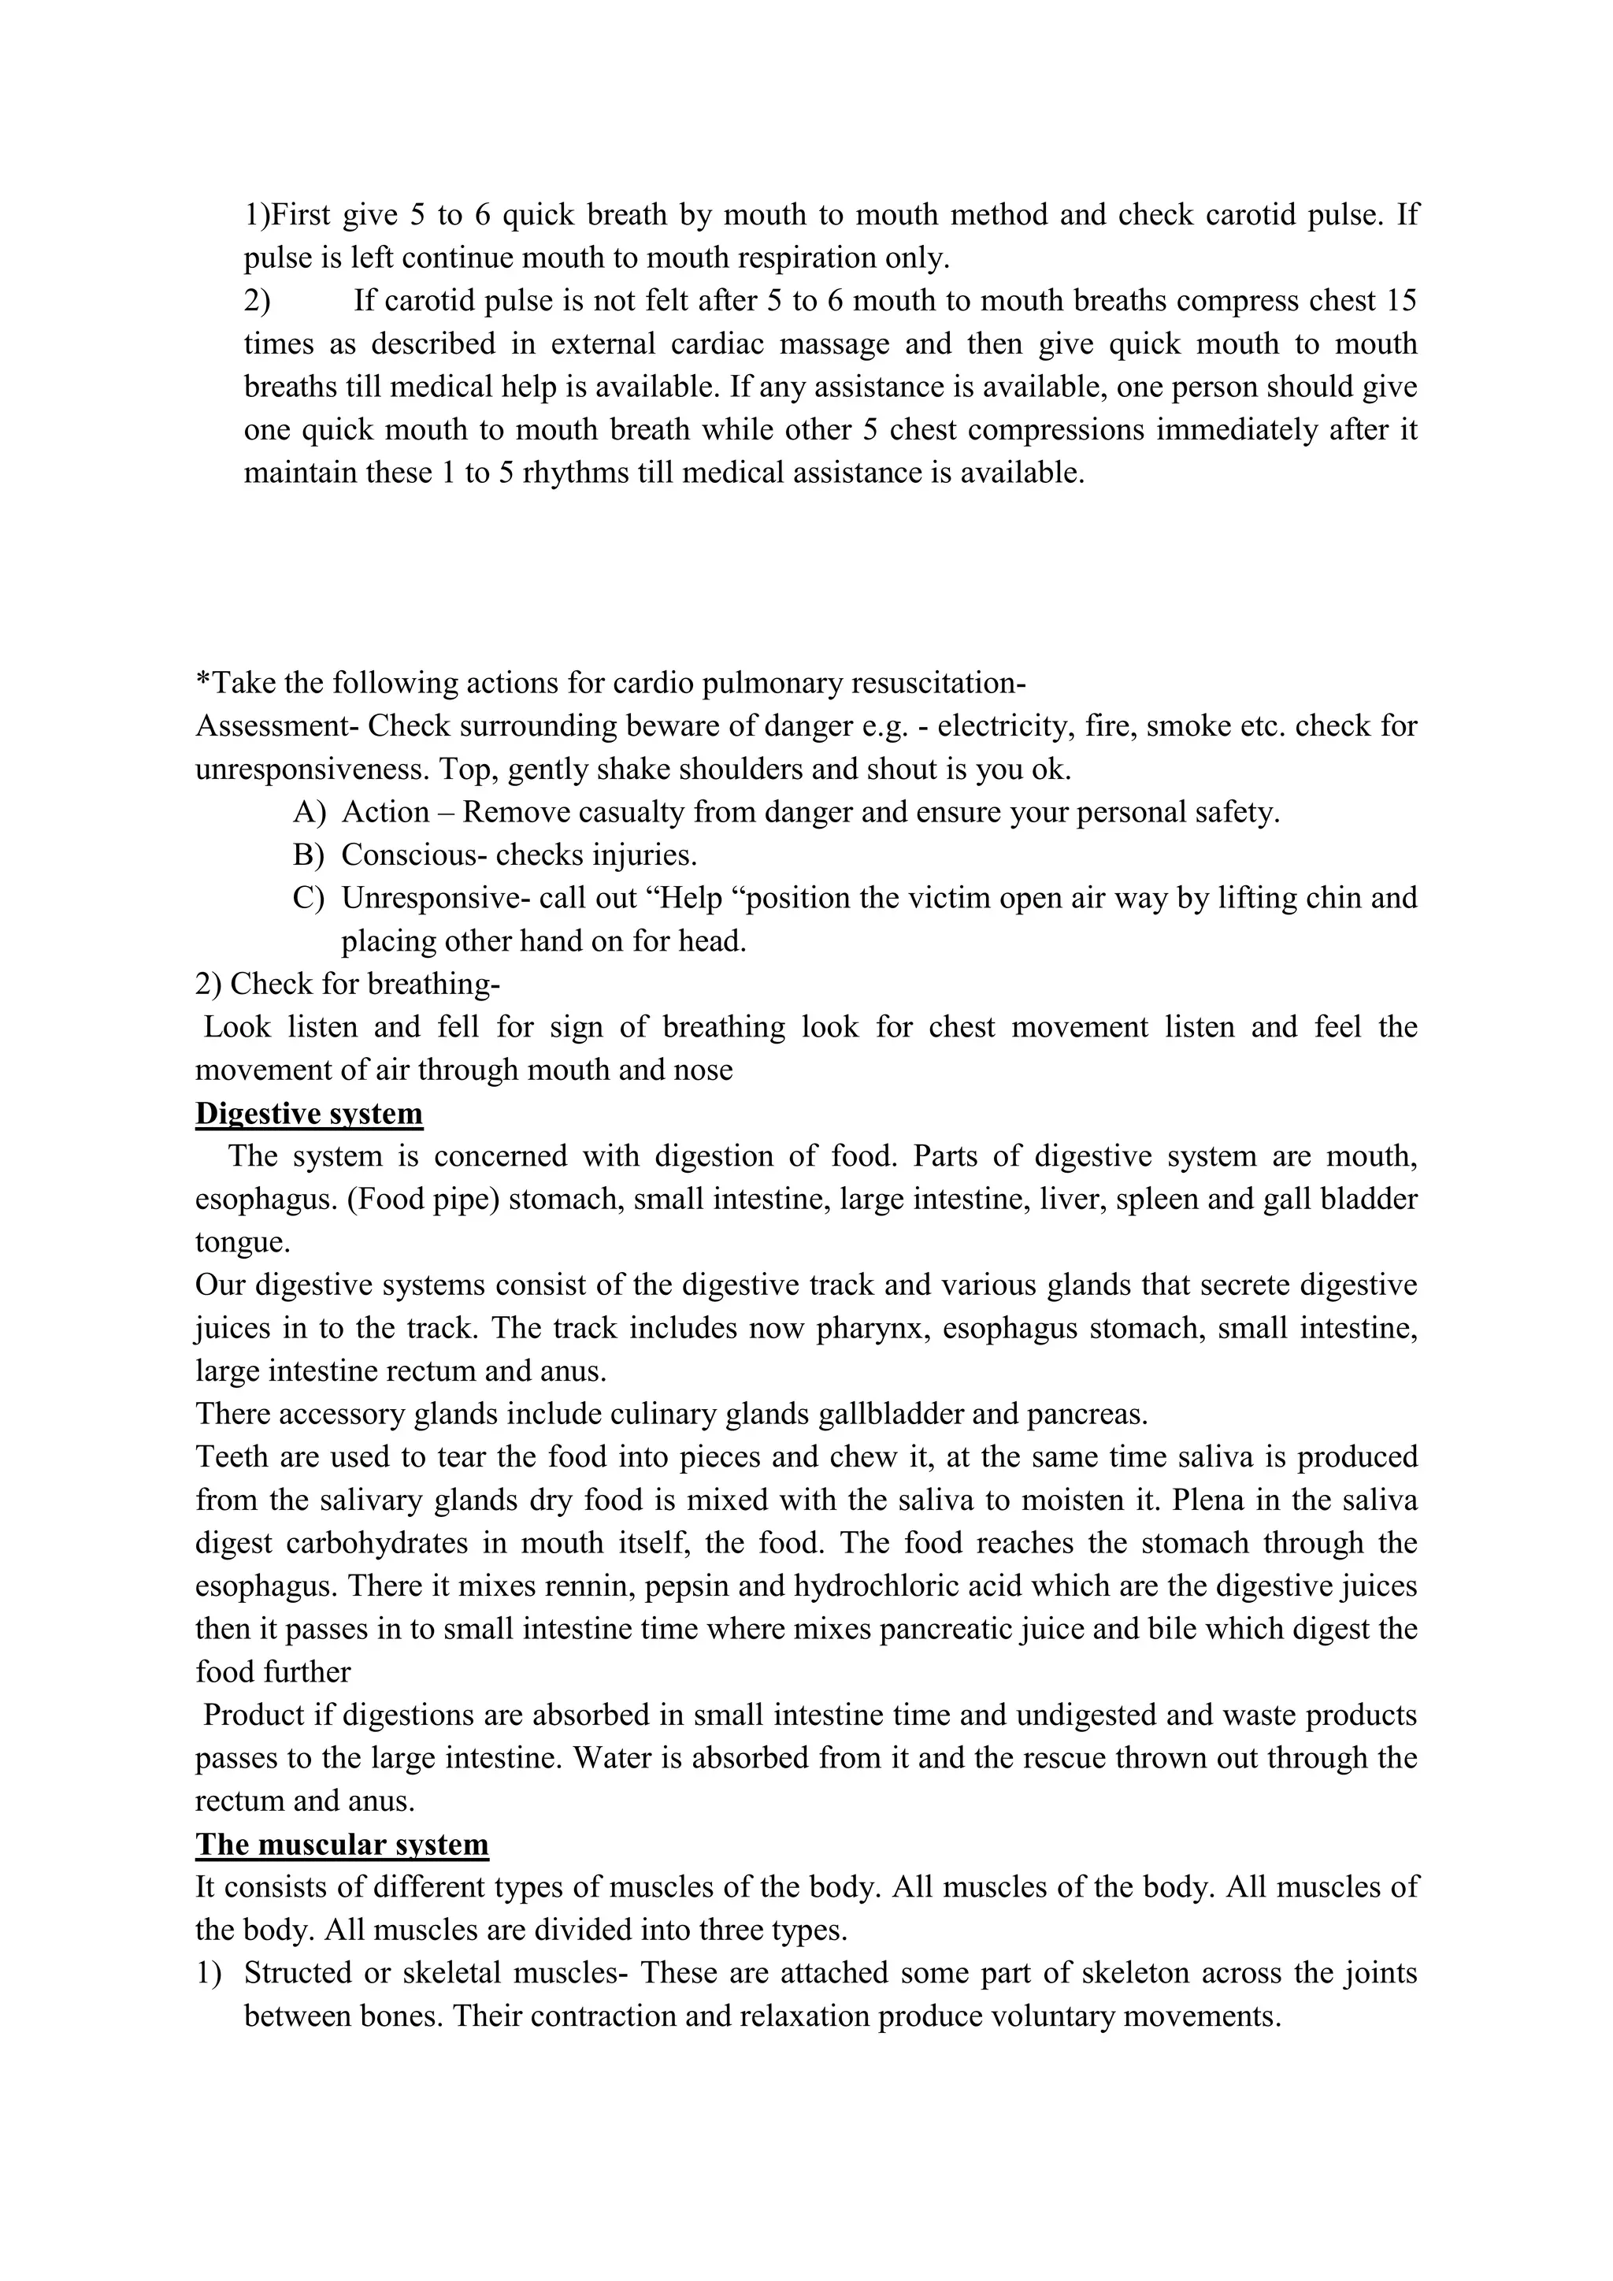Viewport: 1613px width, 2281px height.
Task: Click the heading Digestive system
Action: (309, 1114)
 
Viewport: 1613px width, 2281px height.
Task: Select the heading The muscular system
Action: (342, 1845)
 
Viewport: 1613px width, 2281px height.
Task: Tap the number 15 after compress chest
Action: (1400, 300)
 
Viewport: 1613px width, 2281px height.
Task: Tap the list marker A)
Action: (310, 813)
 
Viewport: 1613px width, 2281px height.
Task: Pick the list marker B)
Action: (310, 855)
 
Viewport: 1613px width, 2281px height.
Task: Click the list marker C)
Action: (310, 898)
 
